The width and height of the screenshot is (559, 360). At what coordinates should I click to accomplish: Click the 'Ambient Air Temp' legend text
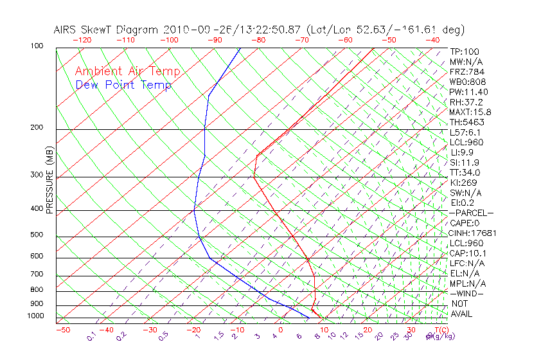[127, 71]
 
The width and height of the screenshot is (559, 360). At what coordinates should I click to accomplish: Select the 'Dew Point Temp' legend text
[123, 85]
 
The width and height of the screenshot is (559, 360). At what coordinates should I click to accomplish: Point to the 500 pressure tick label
[36, 235]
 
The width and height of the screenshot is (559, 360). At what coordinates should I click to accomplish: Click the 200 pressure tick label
[36, 127]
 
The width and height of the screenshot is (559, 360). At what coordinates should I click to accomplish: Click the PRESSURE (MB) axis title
[49, 180]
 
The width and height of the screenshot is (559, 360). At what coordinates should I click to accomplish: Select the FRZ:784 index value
[467, 71]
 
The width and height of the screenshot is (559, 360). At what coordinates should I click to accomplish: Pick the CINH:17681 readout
[472, 233]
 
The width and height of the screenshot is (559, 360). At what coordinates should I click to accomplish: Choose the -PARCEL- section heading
[471, 213]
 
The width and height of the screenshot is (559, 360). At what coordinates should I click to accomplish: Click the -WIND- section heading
[466, 293]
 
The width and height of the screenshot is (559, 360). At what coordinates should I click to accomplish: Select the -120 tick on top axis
[82, 39]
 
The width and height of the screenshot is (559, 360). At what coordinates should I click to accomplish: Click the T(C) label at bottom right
[439, 330]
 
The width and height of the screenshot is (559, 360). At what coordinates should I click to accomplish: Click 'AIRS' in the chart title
[66, 30]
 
